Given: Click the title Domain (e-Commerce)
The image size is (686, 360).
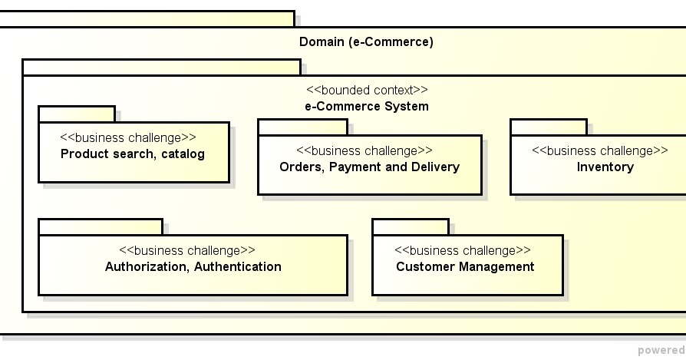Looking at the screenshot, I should coord(366,41).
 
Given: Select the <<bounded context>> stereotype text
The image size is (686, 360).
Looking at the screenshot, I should coord(367,90).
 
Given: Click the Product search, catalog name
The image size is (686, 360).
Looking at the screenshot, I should coord(133,154).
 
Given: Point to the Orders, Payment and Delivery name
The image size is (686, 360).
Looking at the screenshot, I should coord(369,167).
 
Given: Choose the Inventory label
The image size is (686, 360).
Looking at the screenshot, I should coord(605,167).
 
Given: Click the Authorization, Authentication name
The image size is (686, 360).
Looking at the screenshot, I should coord(193,266).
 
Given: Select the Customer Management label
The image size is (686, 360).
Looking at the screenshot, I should coord(465,266).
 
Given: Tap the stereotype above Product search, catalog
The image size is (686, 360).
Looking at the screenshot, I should coord(128,137).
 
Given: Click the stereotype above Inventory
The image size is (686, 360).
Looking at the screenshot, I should coord(599,150).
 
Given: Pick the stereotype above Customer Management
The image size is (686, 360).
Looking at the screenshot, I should coord(462,250).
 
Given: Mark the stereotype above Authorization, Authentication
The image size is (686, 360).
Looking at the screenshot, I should coord(187,250).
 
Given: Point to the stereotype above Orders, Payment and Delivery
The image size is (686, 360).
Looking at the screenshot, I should coord(364,150).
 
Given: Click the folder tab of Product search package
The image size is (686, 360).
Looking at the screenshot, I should coord(77,114).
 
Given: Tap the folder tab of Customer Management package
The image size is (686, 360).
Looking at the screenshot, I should coord(411,226).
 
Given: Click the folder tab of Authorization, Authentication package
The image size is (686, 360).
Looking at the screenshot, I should coord(101,226).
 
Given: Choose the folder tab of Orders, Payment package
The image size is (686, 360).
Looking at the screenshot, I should coord(302,127).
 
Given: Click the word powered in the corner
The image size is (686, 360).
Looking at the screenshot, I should coord(661,350).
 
